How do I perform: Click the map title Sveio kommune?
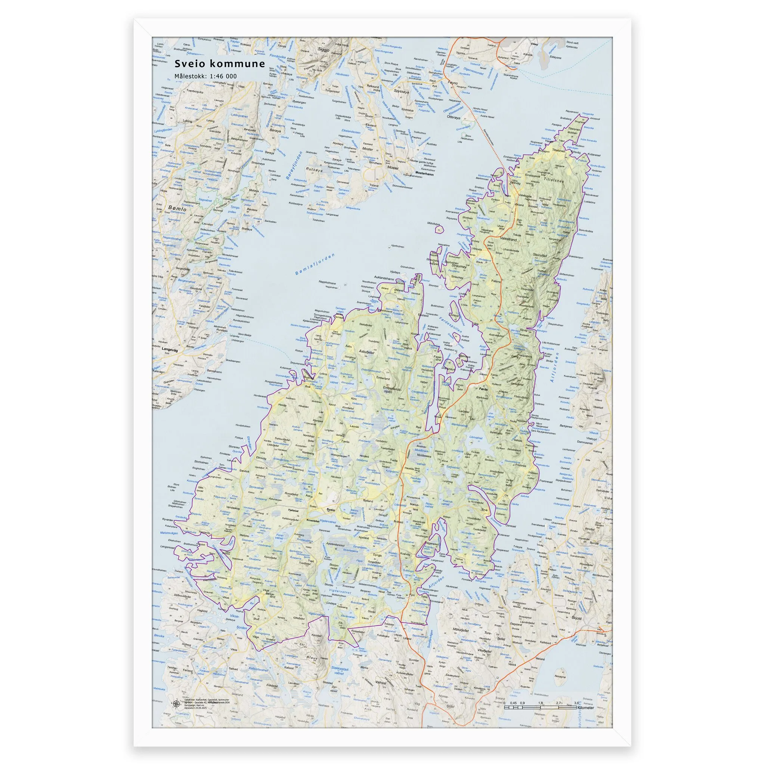click(220, 64)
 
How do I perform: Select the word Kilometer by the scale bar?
click(586, 707)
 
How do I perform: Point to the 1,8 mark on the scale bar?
click(541, 703)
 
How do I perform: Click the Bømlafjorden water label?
click(315, 264)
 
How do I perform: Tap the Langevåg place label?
click(170, 349)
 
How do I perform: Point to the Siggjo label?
click(324, 50)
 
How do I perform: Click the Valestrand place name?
click(509, 239)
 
